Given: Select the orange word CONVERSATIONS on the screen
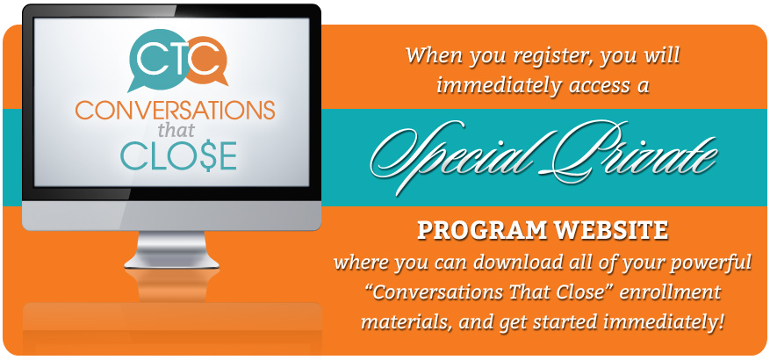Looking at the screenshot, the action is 175,111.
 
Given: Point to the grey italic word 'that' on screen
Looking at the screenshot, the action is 176,130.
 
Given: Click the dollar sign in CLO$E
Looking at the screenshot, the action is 200,155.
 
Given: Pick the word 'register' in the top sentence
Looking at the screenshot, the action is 545,56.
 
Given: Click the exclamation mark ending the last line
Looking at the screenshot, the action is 722,321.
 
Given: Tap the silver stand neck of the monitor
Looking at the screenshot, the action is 171,249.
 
